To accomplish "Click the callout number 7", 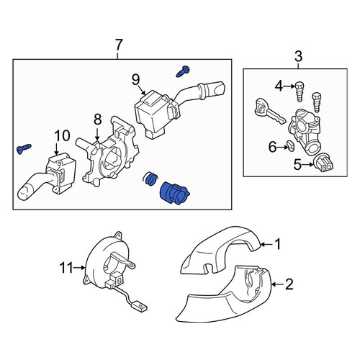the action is point(119,45).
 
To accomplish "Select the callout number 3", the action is point(298,57).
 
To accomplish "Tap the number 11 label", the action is point(66,268).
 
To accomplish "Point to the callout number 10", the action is point(62,135).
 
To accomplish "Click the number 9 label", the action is point(136,80).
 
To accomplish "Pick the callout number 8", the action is point(97,120).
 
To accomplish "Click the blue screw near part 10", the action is point(24,149).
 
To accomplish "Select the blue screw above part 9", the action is point(183,71).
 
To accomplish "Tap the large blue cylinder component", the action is point(174,194).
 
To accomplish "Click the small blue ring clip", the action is point(151,179).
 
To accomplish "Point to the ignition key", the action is point(269,111).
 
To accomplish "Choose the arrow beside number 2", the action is point(277,284).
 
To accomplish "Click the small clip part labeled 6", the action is point(292,146).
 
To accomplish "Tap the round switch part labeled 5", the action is point(324,163).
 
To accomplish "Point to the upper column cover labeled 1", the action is point(220,251).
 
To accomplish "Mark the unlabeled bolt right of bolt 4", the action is point(317,102).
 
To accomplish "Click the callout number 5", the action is point(297,165).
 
